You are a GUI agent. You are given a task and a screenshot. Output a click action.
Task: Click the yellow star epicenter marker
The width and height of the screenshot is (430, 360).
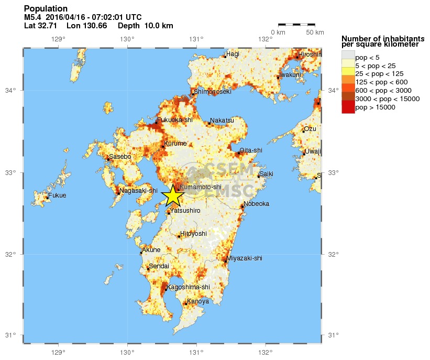172,195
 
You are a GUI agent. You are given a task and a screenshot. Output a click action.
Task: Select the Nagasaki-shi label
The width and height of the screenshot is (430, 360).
138,191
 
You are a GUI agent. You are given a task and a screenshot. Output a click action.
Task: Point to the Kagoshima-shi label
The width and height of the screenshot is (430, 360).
188,287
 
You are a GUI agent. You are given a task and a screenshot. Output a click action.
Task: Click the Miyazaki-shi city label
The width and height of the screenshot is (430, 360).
245,258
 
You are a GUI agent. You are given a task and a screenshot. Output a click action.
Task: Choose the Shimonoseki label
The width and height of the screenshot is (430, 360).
213,92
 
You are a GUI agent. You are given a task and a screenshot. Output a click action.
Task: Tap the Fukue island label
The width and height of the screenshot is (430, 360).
57,196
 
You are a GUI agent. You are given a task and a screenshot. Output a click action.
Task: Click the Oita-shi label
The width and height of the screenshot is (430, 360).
251,150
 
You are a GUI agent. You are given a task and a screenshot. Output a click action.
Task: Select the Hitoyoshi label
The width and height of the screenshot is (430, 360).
193,234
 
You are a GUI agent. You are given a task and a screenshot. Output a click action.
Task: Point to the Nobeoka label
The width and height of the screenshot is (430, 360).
256,203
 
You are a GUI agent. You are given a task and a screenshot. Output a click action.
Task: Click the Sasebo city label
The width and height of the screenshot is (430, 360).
120,157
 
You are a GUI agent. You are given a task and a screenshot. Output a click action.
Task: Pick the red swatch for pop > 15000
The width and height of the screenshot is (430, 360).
348,107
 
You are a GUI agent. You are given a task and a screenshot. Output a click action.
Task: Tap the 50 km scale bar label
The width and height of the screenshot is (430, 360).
315,32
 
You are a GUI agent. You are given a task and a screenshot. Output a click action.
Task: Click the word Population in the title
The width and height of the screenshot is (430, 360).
46,9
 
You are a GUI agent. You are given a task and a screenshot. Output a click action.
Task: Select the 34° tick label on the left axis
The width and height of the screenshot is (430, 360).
11,91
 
